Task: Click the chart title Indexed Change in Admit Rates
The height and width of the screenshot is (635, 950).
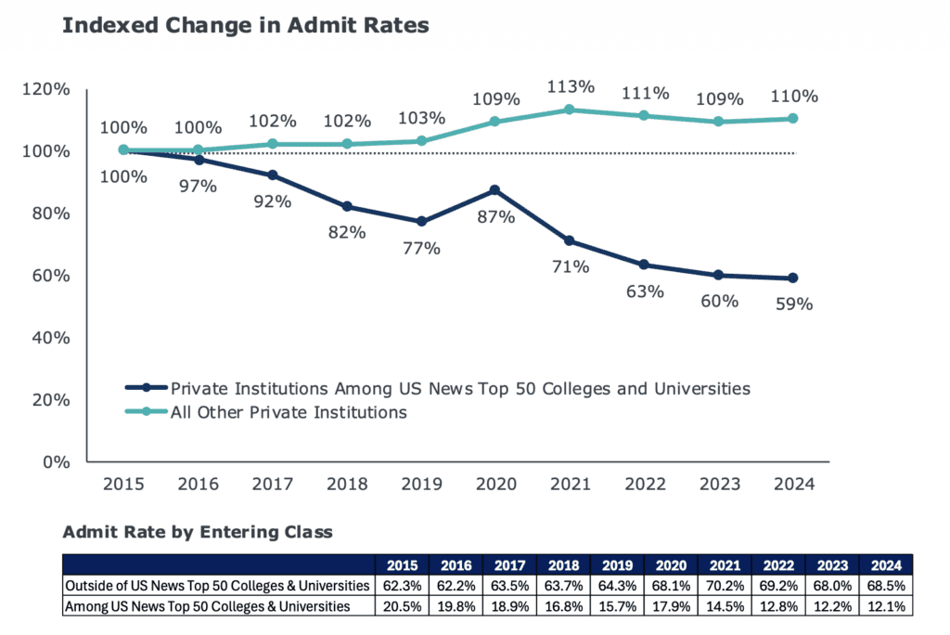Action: point(245,26)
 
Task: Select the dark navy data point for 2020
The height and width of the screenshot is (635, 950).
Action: point(494,189)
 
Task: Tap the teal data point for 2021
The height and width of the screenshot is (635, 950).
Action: point(570,110)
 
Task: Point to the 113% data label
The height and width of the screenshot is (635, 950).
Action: point(570,86)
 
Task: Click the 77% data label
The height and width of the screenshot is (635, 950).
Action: point(420,248)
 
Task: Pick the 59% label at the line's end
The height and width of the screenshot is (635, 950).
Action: point(793,303)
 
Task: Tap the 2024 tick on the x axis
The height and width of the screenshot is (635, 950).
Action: point(793,484)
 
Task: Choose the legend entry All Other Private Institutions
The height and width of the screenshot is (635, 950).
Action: point(288,412)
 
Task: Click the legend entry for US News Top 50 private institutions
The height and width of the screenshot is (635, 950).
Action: point(459,387)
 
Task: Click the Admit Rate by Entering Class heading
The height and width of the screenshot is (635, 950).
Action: point(197,533)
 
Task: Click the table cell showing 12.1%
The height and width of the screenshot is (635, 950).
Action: point(886,606)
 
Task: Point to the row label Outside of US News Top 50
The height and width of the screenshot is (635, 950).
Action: point(217,587)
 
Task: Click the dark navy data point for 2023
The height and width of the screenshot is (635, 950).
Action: point(719,275)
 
